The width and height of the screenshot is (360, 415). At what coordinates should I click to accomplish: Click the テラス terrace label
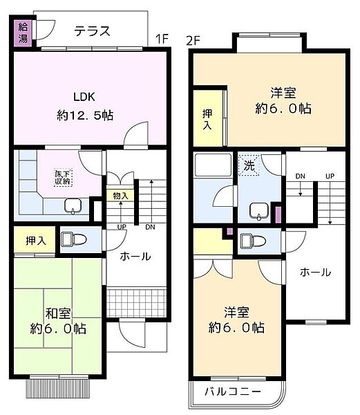(93, 30)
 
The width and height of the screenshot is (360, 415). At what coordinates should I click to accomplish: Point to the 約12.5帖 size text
(85, 116)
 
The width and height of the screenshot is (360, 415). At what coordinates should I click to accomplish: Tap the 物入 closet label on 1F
(120, 195)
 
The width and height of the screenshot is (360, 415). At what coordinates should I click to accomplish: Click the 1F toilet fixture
(74, 239)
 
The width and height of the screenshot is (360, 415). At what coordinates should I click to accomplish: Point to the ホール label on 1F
(135, 256)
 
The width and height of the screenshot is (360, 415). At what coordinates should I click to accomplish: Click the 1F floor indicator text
(162, 38)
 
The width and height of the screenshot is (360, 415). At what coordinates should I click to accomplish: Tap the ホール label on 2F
(314, 272)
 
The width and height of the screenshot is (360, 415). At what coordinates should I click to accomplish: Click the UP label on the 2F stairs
(330, 176)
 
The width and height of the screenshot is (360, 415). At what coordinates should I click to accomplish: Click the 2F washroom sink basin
(258, 210)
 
